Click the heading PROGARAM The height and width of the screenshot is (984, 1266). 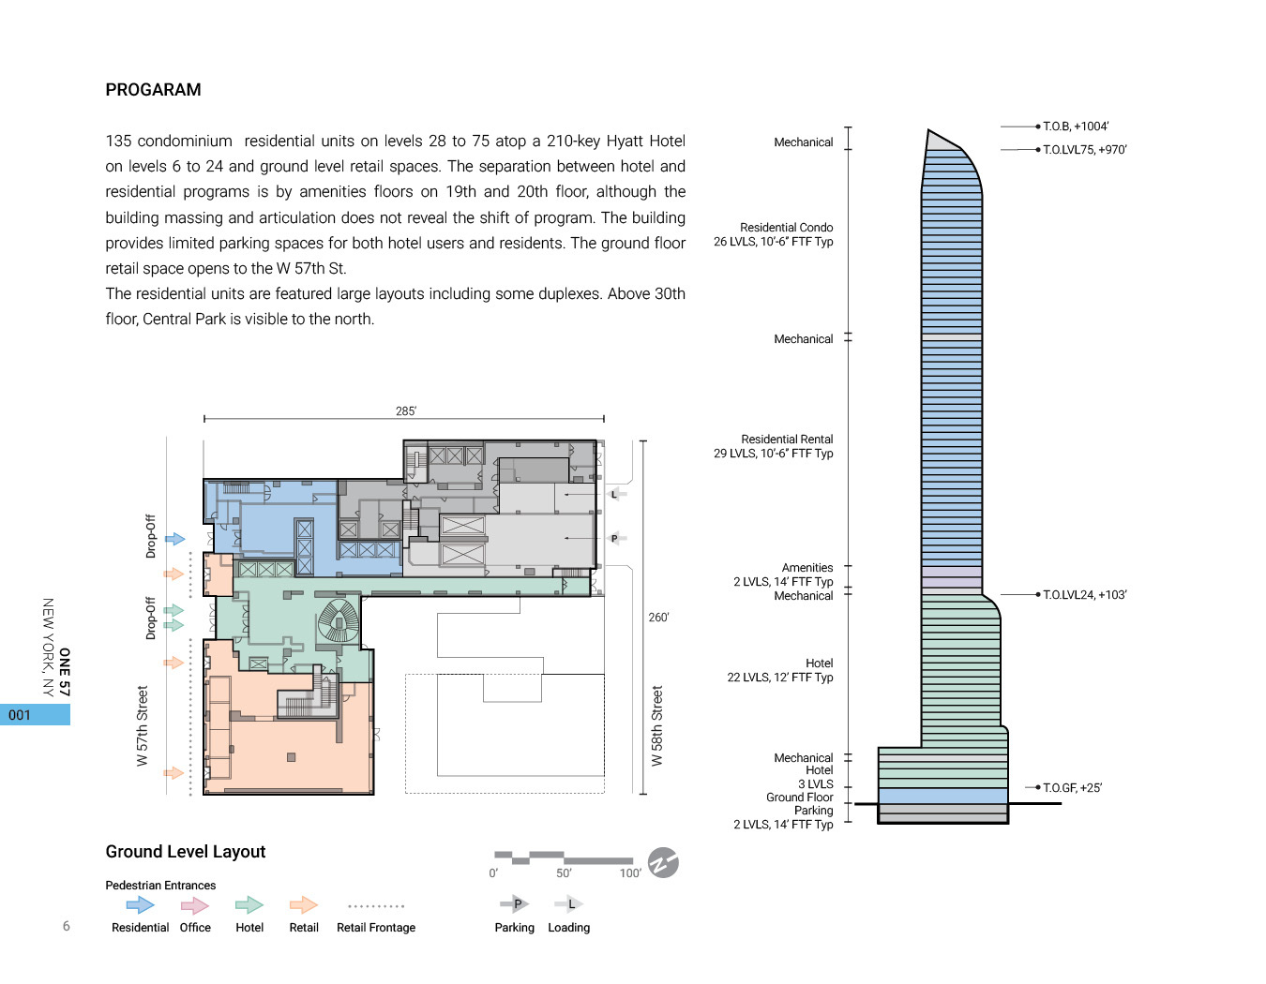point(153,90)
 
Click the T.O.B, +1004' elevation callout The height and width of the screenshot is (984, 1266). point(1075,127)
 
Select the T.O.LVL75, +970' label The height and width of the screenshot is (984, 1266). point(1084,150)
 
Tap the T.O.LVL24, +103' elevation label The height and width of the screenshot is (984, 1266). point(1084,595)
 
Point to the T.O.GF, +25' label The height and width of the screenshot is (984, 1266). point(1072,788)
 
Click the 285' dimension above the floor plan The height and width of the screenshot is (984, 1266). point(405,411)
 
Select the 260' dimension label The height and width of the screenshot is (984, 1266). point(658,618)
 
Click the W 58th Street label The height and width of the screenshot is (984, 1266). point(657,725)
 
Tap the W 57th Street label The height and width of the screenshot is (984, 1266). point(143,725)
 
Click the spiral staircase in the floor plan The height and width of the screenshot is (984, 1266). point(339,621)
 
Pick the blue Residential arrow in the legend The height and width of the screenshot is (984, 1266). point(140,904)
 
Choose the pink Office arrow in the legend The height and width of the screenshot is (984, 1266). point(195,904)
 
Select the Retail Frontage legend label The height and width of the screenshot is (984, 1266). point(376,928)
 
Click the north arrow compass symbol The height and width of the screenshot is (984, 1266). point(663,862)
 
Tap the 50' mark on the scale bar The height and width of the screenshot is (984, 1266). point(564,873)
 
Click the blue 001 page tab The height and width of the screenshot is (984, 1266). point(35,715)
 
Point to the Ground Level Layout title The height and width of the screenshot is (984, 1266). point(186,852)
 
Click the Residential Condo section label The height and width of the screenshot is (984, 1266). point(786,228)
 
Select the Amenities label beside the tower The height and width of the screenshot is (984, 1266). point(806,568)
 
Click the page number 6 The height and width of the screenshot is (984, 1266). point(67,926)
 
